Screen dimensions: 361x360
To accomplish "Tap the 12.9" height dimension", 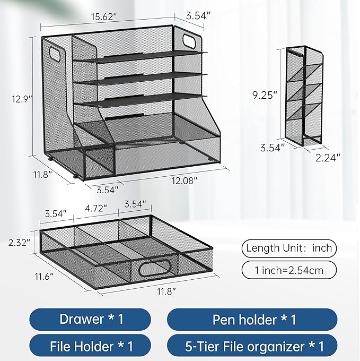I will point(19,98).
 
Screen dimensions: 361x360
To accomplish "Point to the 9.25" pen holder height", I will point(264,95).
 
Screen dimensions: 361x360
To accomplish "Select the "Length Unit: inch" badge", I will point(288,248).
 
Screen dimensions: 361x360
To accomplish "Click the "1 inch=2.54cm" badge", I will point(288,270).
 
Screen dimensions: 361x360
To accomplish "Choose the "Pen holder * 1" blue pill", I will point(252,319).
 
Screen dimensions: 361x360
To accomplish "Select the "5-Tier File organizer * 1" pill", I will point(252,347).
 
